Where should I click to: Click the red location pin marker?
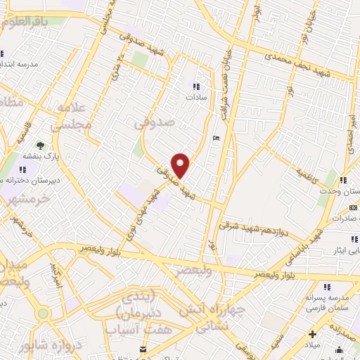click(x=181, y=165)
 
